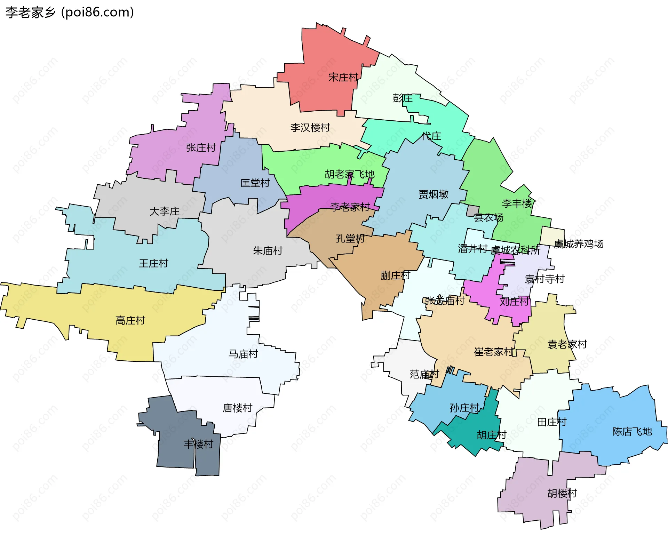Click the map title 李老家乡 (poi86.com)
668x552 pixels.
[70, 13]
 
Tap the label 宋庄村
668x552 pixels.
[343, 77]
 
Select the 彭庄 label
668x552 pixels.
[402, 98]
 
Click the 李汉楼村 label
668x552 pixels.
[310, 128]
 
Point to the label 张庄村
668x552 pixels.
[201, 148]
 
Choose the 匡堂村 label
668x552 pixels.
[255, 183]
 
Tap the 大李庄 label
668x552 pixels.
[164, 211]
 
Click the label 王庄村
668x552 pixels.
[153, 263]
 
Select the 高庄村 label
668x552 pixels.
[130, 320]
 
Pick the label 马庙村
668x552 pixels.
[243, 354]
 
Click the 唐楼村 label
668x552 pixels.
[237, 408]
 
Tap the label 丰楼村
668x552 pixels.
[198, 444]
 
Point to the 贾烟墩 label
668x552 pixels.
[433, 194]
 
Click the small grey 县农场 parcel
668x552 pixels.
[473, 211]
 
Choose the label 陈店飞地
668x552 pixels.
[632, 432]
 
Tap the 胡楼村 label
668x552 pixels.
[562, 493]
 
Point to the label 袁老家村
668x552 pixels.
[567, 344]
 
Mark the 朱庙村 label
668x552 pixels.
[268, 251]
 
